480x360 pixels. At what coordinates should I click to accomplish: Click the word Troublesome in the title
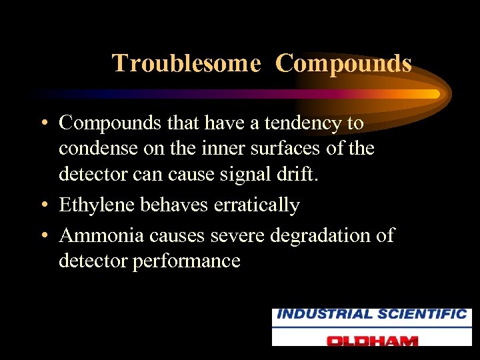(x=186, y=64)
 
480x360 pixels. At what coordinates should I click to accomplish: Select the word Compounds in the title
(x=343, y=64)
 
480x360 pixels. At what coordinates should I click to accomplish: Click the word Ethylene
(x=97, y=205)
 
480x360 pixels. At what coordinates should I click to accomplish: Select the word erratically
(x=257, y=205)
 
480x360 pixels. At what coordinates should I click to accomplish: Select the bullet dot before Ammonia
(x=43, y=236)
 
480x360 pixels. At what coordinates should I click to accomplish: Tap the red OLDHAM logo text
(x=372, y=339)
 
